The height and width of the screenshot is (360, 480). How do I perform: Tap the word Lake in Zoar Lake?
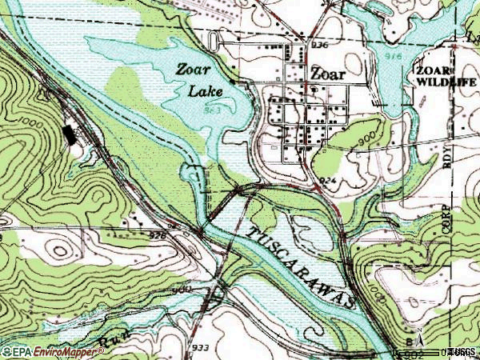(x=206, y=90)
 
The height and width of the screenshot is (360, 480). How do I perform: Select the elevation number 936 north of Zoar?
(x=319, y=46)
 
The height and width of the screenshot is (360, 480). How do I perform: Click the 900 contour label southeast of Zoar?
(x=366, y=138)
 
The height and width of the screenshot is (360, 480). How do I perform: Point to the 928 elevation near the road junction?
(x=158, y=235)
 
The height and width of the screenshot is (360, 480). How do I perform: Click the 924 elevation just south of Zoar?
(x=327, y=181)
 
